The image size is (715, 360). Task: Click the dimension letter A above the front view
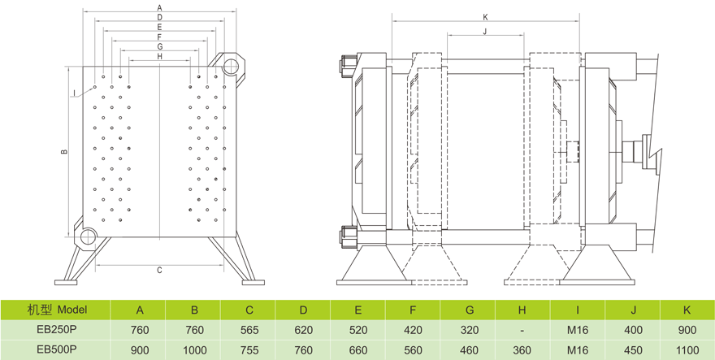(159, 7)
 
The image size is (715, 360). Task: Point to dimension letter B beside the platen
(63, 152)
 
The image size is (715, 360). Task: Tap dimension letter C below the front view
(159, 270)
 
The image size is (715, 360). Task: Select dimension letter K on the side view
(485, 16)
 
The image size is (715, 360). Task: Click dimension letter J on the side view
(485, 31)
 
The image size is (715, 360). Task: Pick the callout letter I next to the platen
(73, 92)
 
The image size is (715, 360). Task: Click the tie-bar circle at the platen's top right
(232, 65)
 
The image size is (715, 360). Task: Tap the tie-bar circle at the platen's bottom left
(87, 237)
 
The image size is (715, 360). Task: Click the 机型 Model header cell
(55, 310)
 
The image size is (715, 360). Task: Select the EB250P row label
(55, 331)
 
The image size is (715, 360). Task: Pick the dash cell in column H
(522, 331)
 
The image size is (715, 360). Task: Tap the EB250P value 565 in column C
(249, 331)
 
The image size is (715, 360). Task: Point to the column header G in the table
(468, 310)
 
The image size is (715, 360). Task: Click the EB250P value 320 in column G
(468, 331)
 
